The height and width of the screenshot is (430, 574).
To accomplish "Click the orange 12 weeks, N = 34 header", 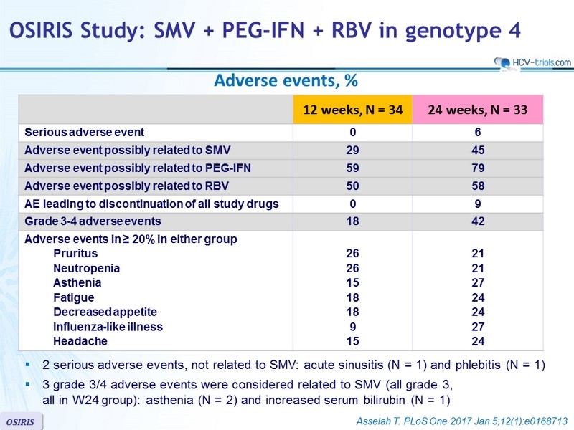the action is (x=352, y=110).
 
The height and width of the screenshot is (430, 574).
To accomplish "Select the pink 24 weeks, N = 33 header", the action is (x=478, y=110).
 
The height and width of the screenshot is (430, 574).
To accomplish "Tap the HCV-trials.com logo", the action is (x=532, y=63).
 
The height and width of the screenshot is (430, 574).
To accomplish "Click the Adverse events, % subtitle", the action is (x=286, y=80).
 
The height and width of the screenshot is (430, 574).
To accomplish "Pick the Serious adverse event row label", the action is (x=85, y=132).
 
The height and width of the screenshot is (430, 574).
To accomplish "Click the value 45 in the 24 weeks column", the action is (x=478, y=150).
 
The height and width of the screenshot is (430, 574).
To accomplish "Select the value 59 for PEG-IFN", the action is (x=352, y=168).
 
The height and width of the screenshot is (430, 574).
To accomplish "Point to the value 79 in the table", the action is (x=478, y=168).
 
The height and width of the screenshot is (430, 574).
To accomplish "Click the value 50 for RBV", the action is (x=352, y=186).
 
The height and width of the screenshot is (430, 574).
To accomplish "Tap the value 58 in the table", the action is (x=478, y=186).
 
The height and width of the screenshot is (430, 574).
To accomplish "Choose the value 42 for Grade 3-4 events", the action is (x=478, y=221).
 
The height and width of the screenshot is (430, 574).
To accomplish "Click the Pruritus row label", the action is (x=75, y=254).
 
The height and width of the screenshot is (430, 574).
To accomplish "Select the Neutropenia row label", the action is (x=86, y=268).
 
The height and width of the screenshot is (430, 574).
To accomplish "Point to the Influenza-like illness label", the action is (x=108, y=327).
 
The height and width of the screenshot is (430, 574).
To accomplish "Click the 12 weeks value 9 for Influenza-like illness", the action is (x=352, y=327).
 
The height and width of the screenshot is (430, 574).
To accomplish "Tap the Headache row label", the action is (x=80, y=341).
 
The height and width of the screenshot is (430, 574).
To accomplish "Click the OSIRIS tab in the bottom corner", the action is (x=21, y=422).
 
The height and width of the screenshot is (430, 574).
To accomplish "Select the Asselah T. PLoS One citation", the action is (x=462, y=421).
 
